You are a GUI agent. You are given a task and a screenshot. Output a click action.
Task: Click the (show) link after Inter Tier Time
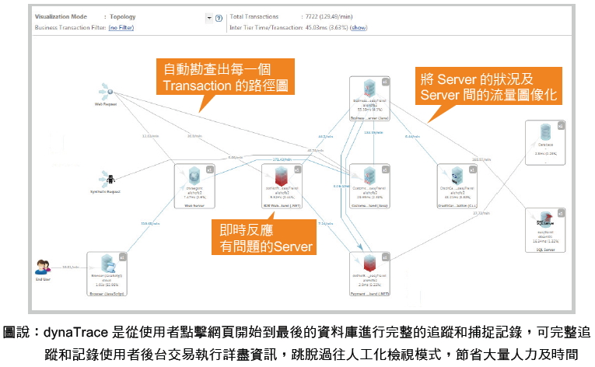point(359,27)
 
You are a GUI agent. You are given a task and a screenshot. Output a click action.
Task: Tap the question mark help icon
point(219,17)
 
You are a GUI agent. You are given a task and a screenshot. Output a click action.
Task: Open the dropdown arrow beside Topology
point(209,17)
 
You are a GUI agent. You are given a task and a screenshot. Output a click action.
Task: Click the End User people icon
point(43,267)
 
